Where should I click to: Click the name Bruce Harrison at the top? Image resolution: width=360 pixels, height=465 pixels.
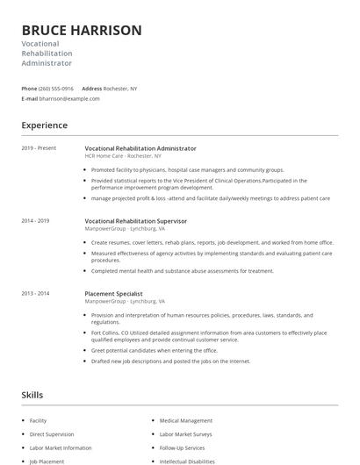tap(81, 30)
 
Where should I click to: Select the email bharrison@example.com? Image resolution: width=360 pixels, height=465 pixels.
tap(69, 99)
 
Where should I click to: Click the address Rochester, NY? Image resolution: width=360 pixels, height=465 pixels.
tap(121, 89)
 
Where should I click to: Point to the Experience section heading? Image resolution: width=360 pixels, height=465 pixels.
tap(45, 125)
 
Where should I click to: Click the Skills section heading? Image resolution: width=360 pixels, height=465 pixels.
tap(32, 396)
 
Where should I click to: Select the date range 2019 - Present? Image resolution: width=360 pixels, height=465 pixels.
tap(39, 148)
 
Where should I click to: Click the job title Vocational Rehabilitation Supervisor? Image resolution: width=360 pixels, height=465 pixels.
tap(136, 221)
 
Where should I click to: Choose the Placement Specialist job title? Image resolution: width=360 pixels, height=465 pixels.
tap(113, 293)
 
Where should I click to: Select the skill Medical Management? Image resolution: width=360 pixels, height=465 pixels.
tap(186, 421)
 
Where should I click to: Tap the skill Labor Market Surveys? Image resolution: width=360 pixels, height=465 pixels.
tap(186, 434)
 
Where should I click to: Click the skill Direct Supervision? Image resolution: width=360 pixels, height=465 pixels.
tap(51, 434)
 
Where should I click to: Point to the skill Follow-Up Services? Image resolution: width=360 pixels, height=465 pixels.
tap(182, 447)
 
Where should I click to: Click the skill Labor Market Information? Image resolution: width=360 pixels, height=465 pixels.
tap(61, 447)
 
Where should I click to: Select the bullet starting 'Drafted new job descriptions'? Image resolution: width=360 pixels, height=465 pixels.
tap(170, 361)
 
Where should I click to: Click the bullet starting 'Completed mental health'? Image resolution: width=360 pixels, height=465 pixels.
tap(183, 271)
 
